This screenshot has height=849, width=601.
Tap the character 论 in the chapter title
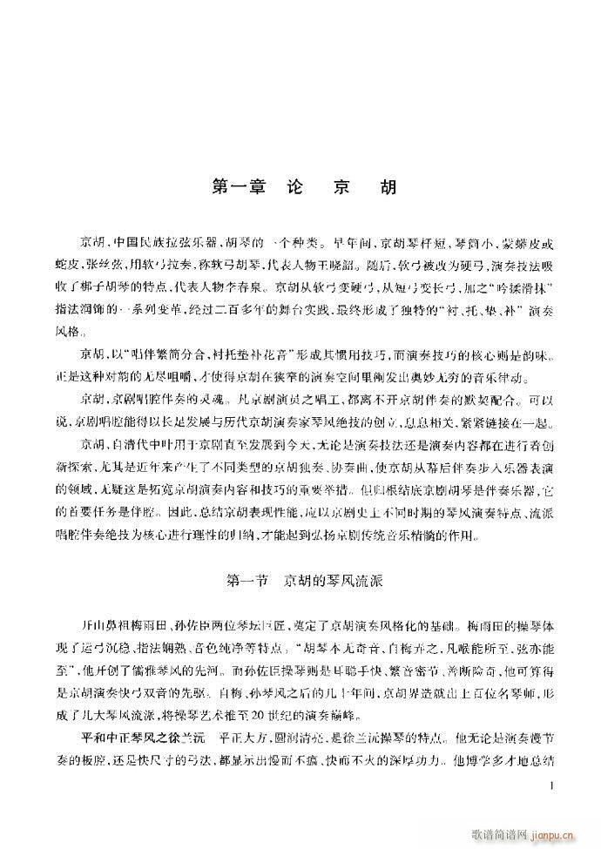point(294,188)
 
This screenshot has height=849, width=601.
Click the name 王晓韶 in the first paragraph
point(331,265)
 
